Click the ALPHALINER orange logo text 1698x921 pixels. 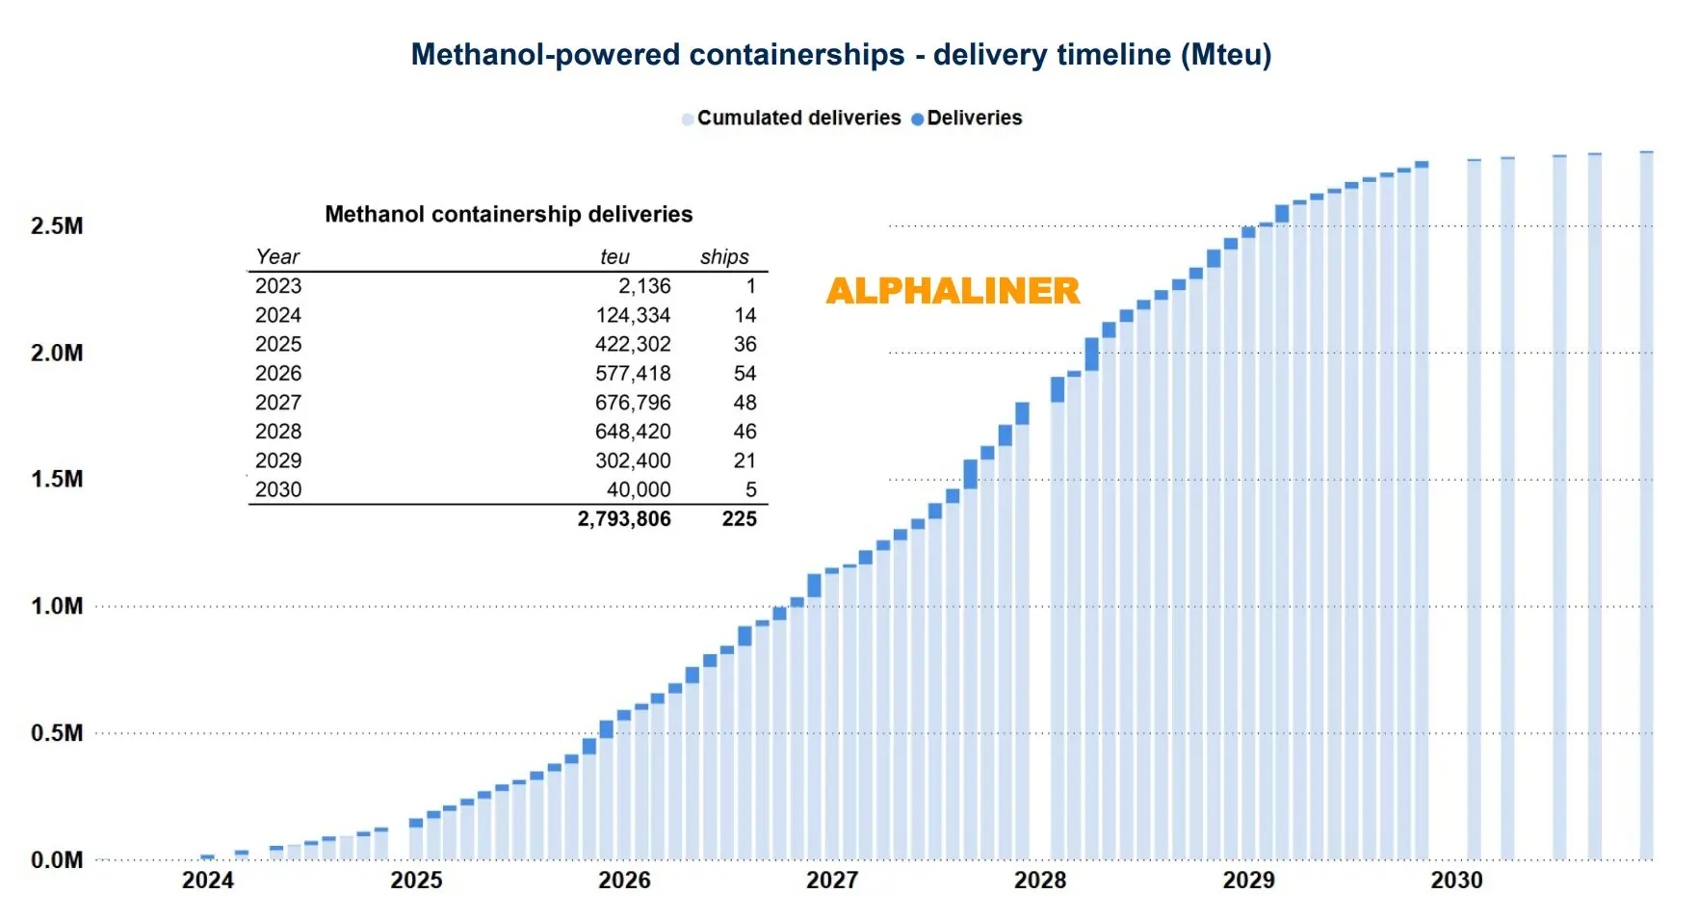[953, 291]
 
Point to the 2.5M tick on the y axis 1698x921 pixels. [57, 226]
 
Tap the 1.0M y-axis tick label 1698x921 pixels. [57, 606]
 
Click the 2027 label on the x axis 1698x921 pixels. [832, 880]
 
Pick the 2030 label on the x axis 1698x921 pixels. [1456, 880]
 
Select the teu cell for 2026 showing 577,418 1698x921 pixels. [633, 374]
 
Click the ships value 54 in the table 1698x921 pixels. [745, 374]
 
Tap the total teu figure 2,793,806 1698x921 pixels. [624, 519]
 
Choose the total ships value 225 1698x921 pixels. [739, 519]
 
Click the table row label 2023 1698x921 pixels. [278, 286]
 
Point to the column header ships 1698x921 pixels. [724, 257]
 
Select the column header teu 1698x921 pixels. [614, 257]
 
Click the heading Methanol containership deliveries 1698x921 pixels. [509, 214]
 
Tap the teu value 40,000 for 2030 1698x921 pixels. [639, 489]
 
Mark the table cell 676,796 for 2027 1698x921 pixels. [633, 403]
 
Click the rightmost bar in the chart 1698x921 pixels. [1646, 501]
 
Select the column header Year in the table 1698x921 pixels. [277, 257]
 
